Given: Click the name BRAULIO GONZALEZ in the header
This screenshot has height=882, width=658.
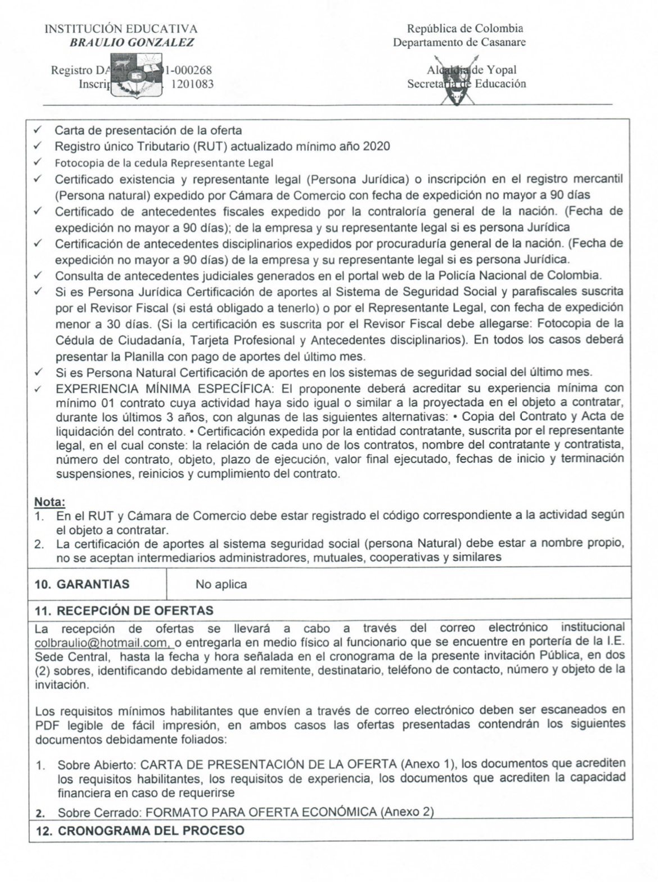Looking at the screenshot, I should pos(132,43).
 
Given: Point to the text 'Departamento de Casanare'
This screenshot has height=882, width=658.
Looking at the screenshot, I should pos(459,42).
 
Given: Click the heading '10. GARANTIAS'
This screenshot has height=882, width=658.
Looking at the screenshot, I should pos(82,584).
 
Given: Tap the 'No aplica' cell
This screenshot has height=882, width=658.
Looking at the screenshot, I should pos(221,584).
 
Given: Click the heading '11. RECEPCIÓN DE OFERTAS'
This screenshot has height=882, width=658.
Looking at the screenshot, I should pos(124,611).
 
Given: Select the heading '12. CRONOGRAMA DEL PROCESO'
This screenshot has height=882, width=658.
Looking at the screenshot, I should pos(139,830).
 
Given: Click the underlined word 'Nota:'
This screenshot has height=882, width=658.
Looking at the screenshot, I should pos(50,501).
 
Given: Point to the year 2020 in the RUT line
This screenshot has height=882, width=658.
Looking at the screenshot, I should pos(376,147).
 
